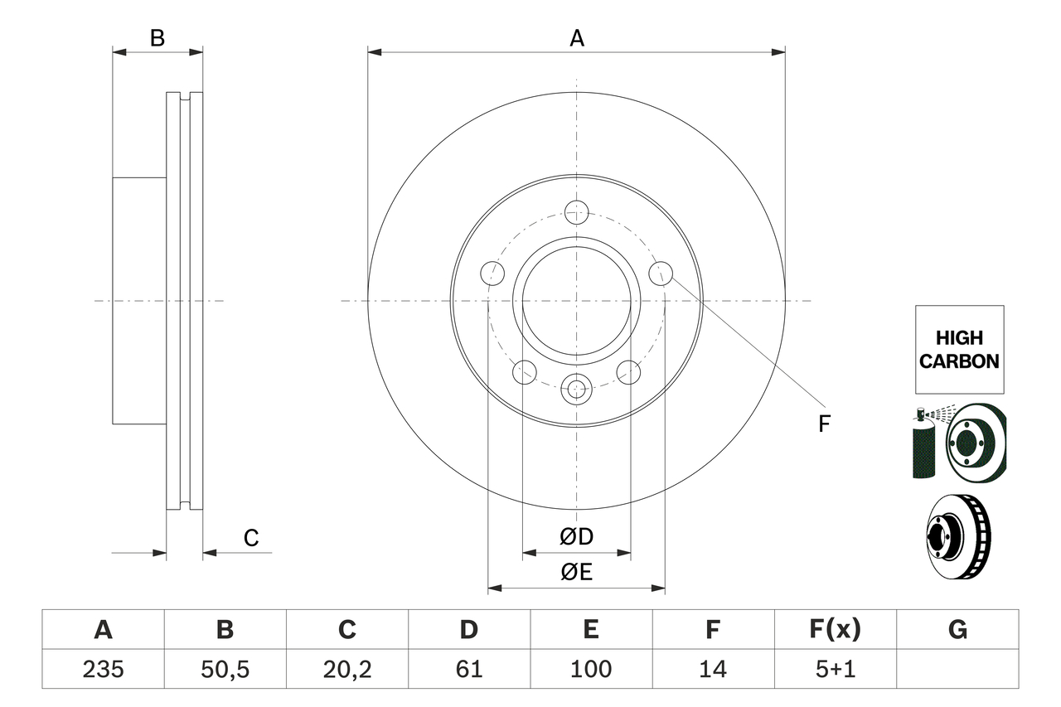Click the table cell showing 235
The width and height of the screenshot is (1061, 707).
click(104, 669)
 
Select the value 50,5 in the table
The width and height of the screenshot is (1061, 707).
click(225, 669)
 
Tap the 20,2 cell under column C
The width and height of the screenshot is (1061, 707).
click(347, 669)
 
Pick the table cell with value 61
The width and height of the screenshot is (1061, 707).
click(469, 669)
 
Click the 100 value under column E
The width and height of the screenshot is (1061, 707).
click(591, 669)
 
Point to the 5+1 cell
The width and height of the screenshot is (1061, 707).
click(836, 669)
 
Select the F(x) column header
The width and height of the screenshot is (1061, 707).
click(836, 629)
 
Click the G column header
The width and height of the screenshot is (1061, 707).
click(957, 629)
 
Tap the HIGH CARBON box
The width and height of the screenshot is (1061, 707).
click(960, 350)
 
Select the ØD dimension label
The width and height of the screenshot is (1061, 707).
click(576, 536)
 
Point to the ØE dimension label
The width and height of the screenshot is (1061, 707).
click(576, 572)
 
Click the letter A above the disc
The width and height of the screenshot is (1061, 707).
click(577, 38)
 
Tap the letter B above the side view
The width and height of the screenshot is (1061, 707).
click(157, 38)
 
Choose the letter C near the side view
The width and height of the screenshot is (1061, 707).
click(251, 538)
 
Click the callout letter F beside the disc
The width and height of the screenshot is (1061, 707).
click(824, 424)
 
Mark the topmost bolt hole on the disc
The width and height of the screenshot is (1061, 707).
click(576, 212)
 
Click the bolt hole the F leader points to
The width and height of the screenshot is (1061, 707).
click(661, 274)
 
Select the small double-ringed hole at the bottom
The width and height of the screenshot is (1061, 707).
click(576, 390)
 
